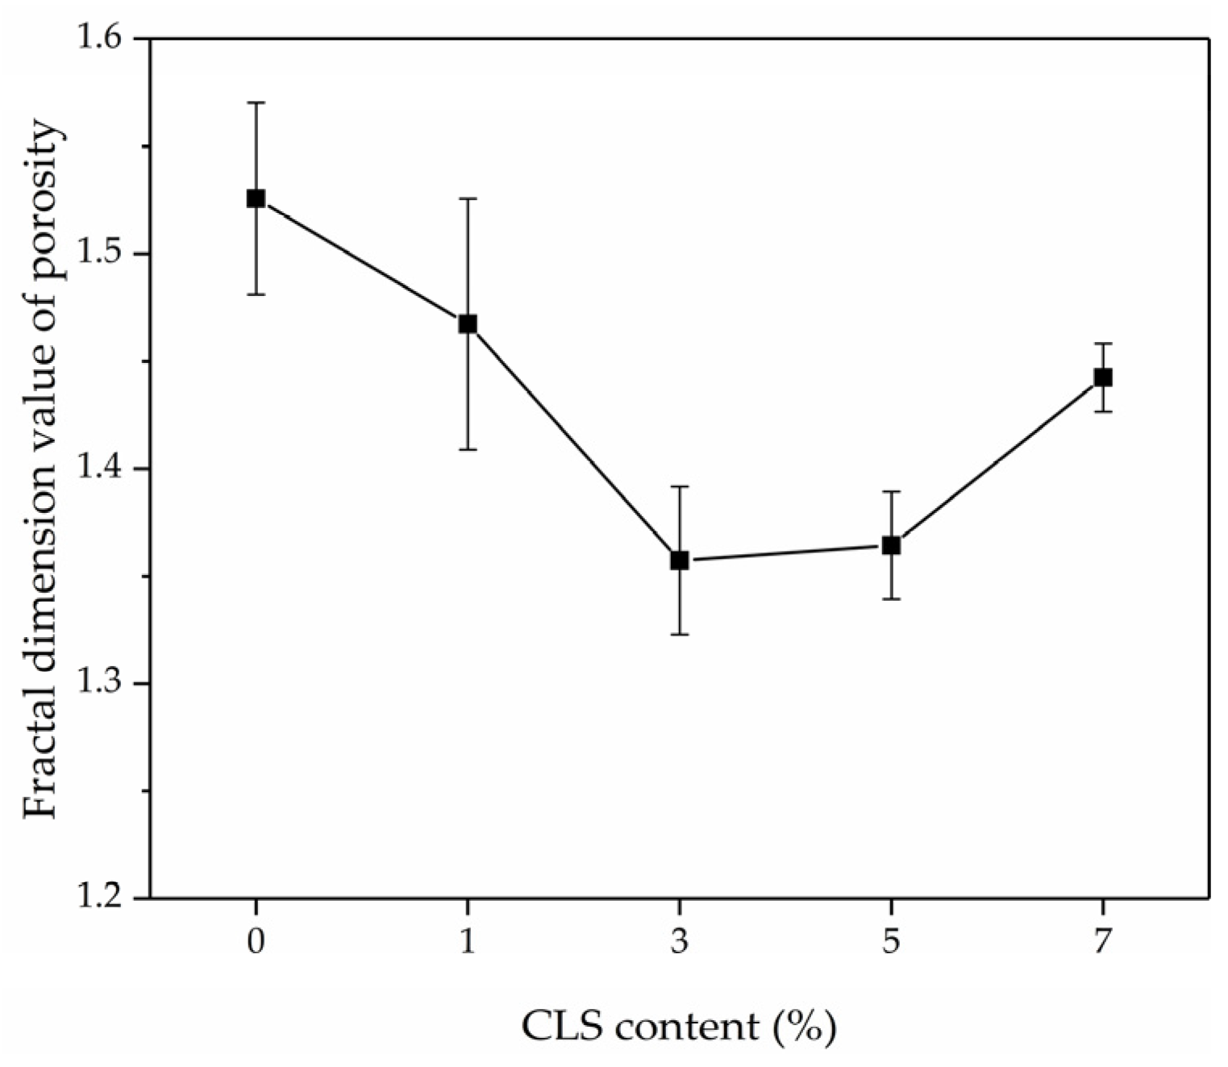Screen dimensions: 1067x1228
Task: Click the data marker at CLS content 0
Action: coord(256,198)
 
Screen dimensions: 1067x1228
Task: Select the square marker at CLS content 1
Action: coord(468,324)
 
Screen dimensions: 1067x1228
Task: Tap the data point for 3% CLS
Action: coord(680,560)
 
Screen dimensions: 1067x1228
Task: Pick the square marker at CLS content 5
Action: coord(891,545)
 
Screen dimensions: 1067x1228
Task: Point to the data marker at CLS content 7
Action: coord(1102,377)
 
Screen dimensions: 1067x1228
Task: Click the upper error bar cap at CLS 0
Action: coord(256,102)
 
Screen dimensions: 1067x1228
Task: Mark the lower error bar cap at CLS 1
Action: coord(468,449)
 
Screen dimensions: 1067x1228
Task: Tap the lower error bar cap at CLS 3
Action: coord(680,635)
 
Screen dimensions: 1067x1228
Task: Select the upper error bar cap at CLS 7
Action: coord(1102,344)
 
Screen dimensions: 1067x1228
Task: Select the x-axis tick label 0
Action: coord(256,942)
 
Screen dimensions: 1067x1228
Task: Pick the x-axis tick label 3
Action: coord(680,942)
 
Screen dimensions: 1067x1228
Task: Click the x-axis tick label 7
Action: coord(1102,942)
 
